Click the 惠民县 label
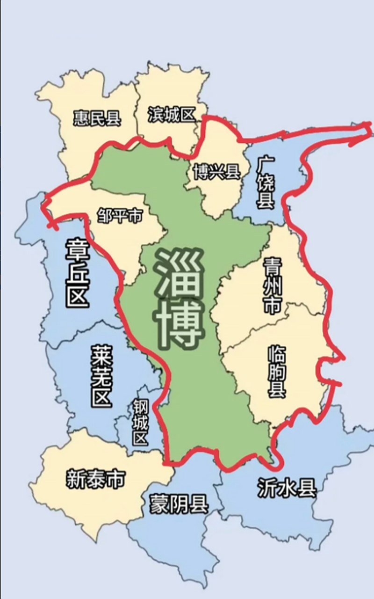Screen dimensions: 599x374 click(x=97, y=118)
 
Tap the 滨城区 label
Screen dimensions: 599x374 click(x=171, y=114)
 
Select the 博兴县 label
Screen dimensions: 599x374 click(x=216, y=172)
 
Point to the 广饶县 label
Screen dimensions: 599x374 click(x=266, y=183)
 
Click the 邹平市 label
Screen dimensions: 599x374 click(x=119, y=216)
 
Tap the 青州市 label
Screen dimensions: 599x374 click(x=272, y=285)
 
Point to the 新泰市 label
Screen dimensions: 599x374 click(x=95, y=480)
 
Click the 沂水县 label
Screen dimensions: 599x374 click(x=287, y=489)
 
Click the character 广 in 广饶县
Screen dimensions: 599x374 click(x=266, y=164)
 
